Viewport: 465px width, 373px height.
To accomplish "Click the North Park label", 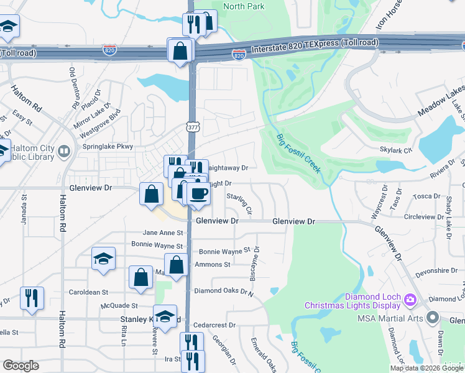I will click(244, 6).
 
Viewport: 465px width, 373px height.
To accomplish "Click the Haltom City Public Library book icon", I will click(63, 151).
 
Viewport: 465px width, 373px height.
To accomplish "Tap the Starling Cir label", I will click(239, 203).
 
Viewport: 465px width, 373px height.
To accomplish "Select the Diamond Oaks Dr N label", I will click(224, 290).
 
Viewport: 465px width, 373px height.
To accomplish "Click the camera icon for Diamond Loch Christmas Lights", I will click(410, 300).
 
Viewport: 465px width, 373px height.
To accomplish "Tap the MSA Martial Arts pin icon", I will click(433, 318).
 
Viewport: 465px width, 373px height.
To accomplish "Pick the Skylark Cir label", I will click(396, 150).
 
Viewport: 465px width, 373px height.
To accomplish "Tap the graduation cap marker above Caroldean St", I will click(103, 259).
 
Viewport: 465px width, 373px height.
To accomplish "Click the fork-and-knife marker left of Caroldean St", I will click(31, 298).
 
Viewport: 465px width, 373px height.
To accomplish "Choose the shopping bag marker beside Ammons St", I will click(177, 264).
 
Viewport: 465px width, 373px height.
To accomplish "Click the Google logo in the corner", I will click(21, 366).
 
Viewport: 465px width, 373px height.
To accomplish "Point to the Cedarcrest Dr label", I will click(215, 325).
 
